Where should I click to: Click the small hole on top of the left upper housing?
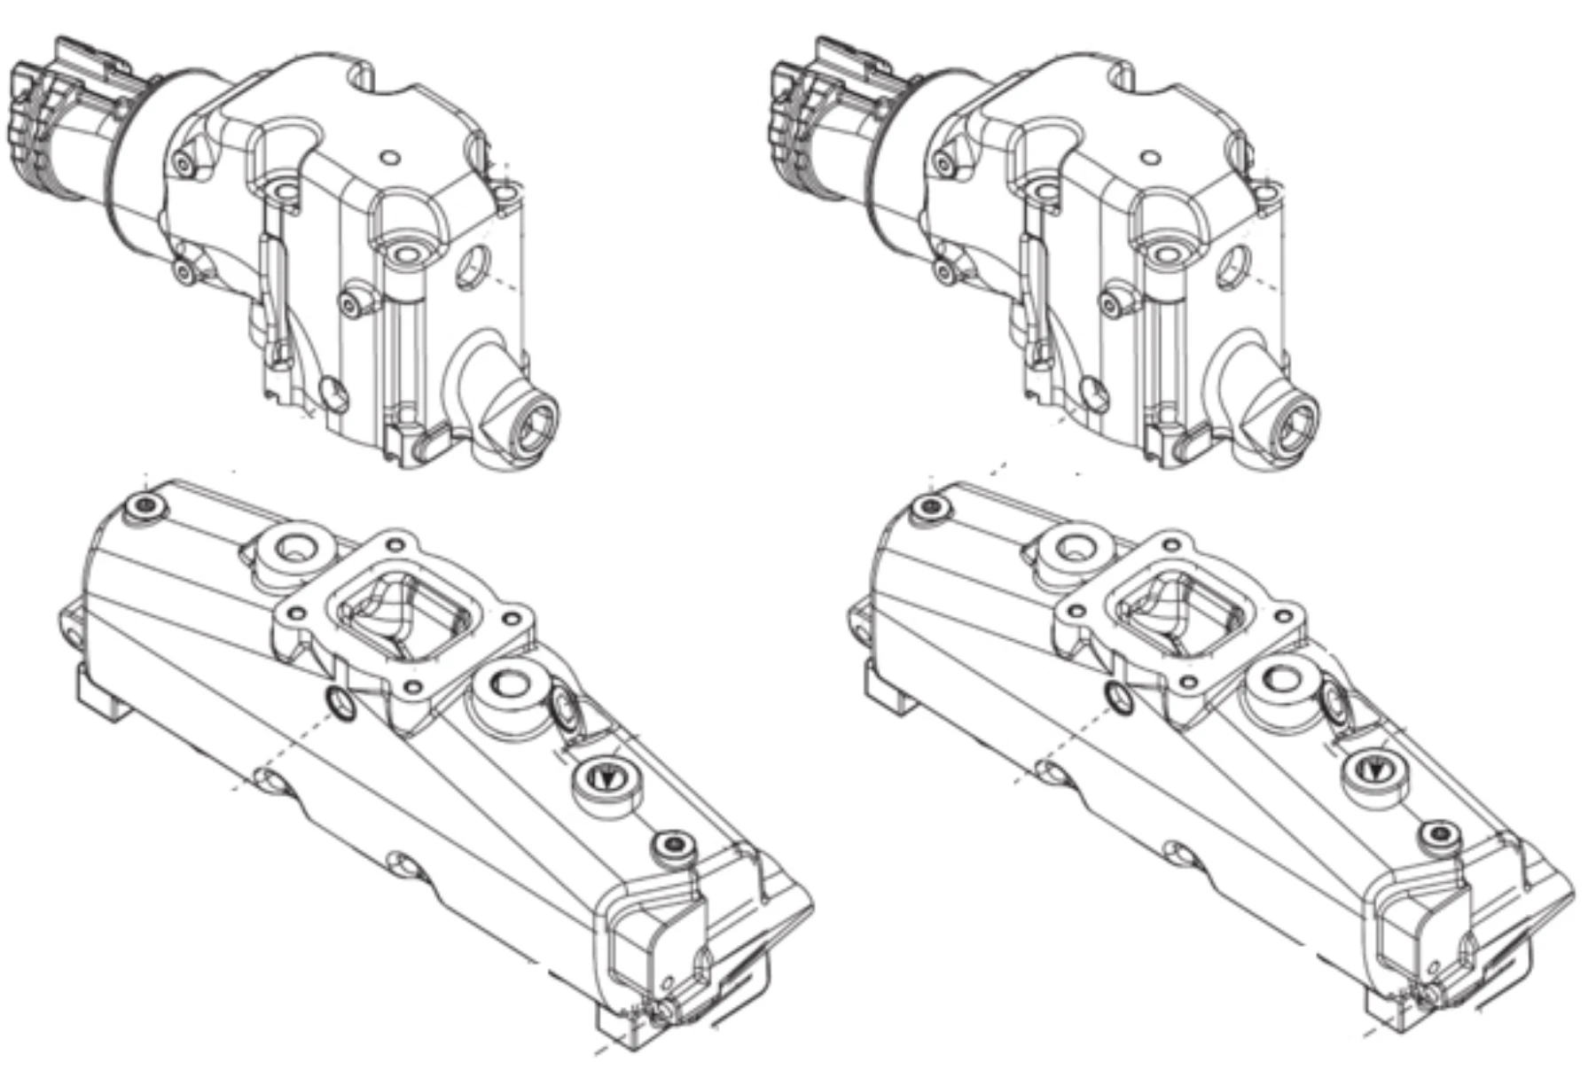[x=389, y=158]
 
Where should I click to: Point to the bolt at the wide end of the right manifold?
[x=930, y=506]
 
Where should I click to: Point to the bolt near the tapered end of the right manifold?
[x=1439, y=835]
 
